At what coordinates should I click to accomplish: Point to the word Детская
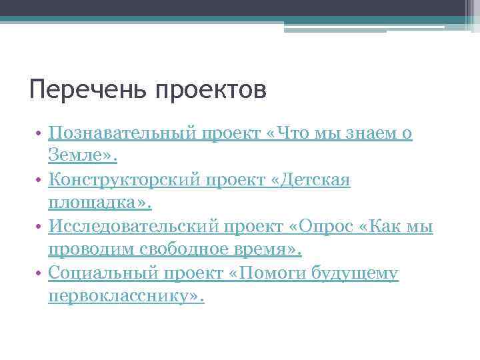click(x=314, y=180)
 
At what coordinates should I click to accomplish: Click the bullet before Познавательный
click(x=41, y=134)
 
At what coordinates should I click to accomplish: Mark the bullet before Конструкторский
click(x=41, y=181)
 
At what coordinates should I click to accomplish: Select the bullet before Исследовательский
click(x=41, y=227)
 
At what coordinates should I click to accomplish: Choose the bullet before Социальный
click(x=41, y=274)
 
